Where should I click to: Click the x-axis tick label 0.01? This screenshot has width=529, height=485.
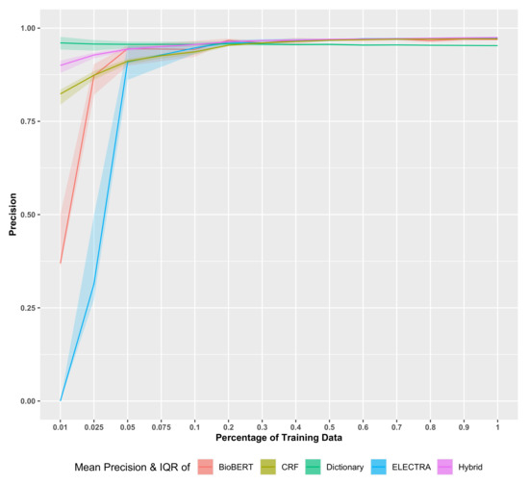61,424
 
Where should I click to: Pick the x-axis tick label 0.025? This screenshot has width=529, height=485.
94,424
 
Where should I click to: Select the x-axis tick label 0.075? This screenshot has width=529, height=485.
161,424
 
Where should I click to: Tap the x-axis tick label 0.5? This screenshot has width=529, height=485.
330,424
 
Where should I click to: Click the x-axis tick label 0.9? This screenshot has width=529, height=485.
464,424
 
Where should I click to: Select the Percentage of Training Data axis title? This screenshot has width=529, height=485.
279,439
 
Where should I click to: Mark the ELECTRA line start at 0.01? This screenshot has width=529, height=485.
61,399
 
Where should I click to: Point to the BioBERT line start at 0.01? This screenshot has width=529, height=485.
61,263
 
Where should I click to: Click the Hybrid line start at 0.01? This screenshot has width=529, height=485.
61,65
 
